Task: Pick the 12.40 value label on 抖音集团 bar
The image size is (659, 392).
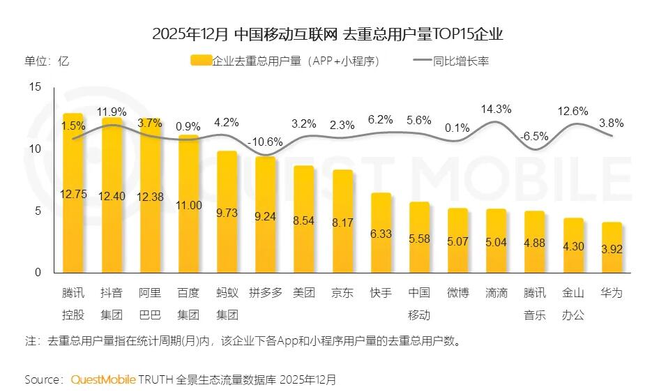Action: (112, 197)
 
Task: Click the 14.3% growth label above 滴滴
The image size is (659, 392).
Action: (497, 109)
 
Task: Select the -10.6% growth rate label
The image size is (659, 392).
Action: (265, 142)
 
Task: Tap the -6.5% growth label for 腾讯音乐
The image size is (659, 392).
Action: (535, 136)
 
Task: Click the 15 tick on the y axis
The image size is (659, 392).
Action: (36, 86)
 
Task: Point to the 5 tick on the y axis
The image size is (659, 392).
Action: (38, 211)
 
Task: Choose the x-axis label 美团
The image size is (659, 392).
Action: (304, 293)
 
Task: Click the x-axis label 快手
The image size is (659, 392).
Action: (381, 293)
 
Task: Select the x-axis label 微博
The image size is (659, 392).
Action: (458, 293)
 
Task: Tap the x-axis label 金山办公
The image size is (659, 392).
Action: (573, 303)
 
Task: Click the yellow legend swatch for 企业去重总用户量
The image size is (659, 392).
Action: (200, 61)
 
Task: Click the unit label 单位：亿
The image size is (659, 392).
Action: (47, 61)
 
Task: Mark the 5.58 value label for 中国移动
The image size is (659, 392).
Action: (419, 239)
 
